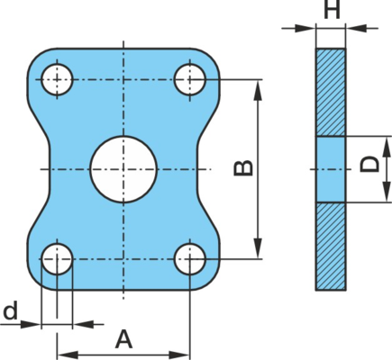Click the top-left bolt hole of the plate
[57, 79]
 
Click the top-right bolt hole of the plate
[190, 79]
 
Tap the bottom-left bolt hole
[57, 259]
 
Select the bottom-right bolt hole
[190, 259]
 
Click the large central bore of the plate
[123, 169]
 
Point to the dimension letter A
[123, 339]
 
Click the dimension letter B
[243, 168]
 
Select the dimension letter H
[333, 9]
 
